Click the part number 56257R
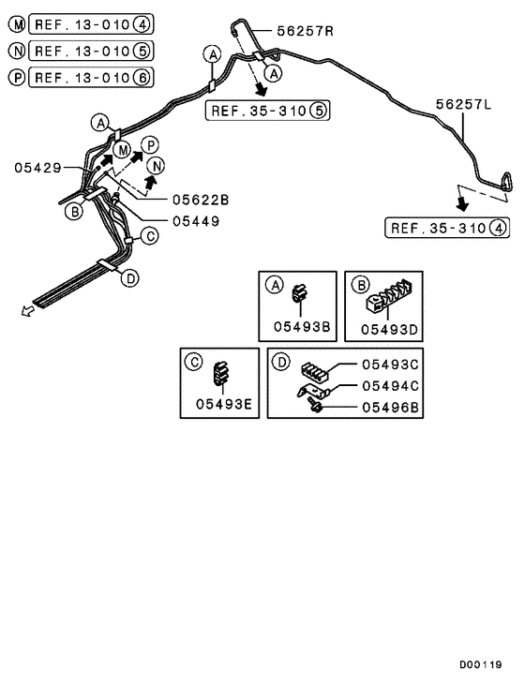[305, 31]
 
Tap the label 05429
[38, 168]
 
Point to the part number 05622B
[200, 200]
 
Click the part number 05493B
[298, 327]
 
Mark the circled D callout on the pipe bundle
[130, 277]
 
